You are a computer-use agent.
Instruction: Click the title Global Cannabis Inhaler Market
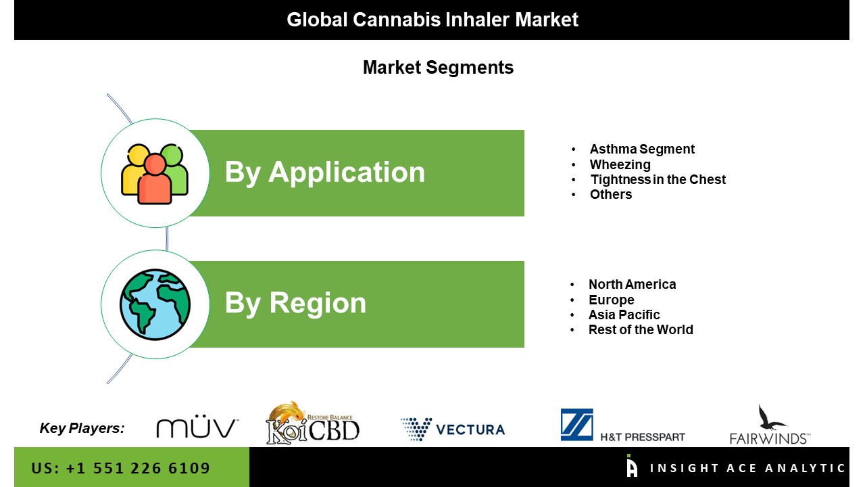pos(432,20)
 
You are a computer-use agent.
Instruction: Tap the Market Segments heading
pos(439,68)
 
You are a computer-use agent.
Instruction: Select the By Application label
pos(325,172)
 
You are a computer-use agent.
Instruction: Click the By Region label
pos(295,304)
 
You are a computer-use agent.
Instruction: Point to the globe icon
pos(155,304)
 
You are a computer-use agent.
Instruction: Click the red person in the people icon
pos(155,179)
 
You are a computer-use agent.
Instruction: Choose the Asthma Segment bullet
pos(642,149)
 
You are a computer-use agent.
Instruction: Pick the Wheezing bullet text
pos(620,164)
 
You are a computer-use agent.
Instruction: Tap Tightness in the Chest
pos(658,179)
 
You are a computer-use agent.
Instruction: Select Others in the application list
pos(611,194)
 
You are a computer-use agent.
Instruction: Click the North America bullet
pos(632,285)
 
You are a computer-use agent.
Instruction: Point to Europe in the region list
pos(612,300)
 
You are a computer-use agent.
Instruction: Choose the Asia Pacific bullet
pos(624,315)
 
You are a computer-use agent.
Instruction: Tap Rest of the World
pos(641,329)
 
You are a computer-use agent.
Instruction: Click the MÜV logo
pos(197,426)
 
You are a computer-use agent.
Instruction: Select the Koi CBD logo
pos(313,423)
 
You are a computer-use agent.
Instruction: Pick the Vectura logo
pos(453,429)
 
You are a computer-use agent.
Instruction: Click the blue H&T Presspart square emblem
pos(577,424)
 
